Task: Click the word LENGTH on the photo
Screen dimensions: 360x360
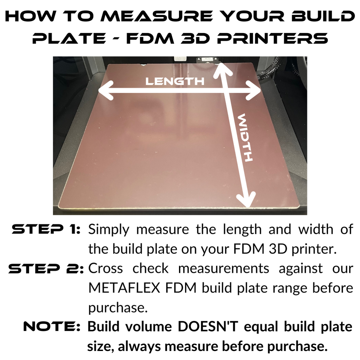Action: pyautogui.click(x=175, y=81)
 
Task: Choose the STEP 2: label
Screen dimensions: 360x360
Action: pyautogui.click(x=46, y=268)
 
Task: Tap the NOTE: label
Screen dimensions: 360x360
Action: pyautogui.click(x=52, y=327)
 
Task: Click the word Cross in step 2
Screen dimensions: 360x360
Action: pyautogui.click(x=106, y=268)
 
